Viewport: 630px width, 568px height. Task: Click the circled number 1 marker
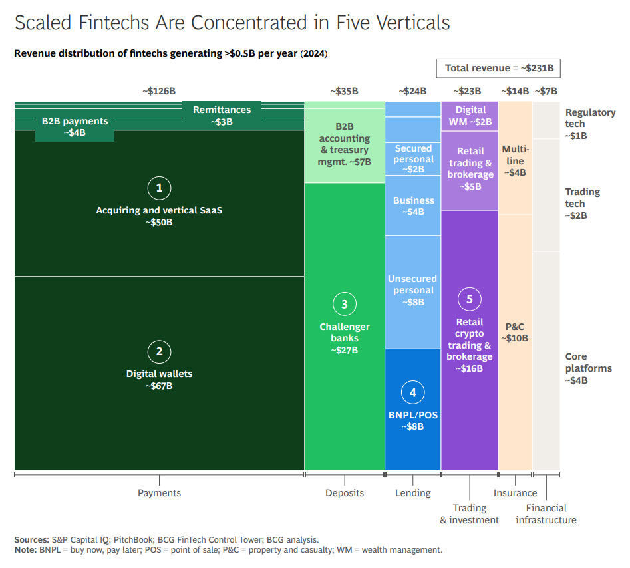pos(159,188)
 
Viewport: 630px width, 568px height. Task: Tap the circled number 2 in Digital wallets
pos(159,352)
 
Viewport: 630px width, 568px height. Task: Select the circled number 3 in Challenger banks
pos(344,304)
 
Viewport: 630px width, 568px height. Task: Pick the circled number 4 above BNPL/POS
pos(412,392)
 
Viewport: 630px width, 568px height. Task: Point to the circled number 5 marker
pos(469,299)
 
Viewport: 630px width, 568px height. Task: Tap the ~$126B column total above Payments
pos(158,91)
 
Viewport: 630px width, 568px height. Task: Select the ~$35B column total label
pos(344,91)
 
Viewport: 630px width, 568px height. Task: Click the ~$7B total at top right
pos(546,91)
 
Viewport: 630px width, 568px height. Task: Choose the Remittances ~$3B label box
pos(222,116)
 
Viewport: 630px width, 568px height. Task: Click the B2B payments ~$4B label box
pos(75,127)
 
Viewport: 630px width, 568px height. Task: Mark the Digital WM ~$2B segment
pos(470,116)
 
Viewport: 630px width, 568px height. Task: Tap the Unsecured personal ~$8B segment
pos(412,291)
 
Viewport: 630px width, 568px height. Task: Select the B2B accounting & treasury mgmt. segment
pos(344,144)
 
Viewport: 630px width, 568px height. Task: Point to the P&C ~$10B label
pos(515,332)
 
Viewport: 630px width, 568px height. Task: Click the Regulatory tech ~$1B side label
pos(590,124)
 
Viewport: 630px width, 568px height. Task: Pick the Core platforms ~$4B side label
pos(588,368)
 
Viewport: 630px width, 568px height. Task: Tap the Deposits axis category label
pos(345,493)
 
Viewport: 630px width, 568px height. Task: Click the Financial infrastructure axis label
pos(546,514)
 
